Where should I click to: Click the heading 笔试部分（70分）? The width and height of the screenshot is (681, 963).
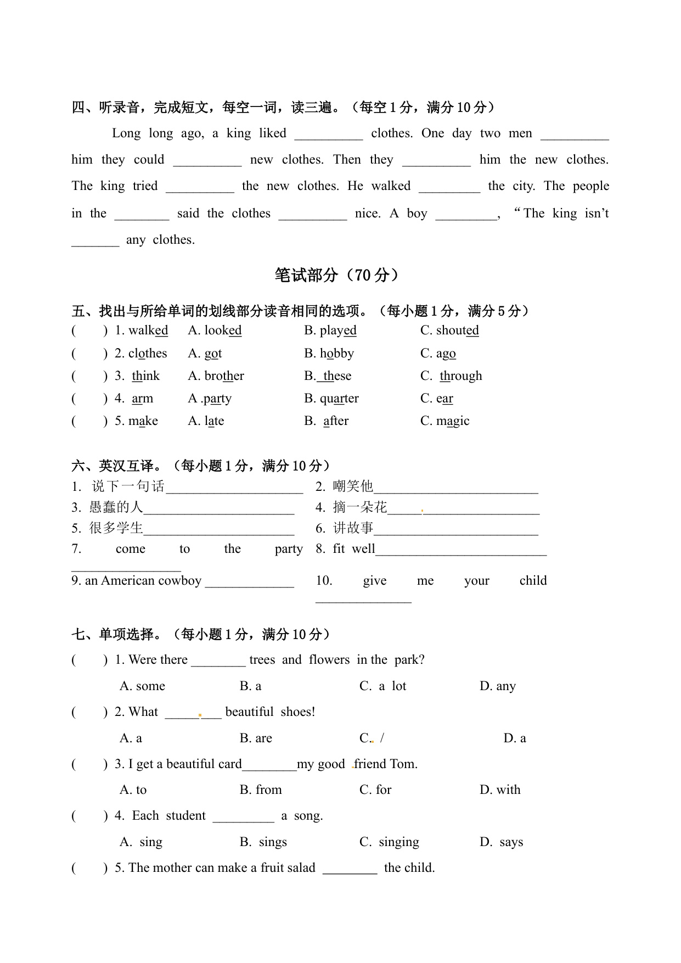[x=337, y=275]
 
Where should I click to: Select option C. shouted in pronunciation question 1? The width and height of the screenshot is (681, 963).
[x=449, y=331]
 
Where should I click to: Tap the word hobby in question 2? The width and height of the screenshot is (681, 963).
[x=336, y=354]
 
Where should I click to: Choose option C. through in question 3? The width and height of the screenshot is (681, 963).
[x=452, y=376]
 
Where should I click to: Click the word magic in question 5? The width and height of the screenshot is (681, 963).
[x=452, y=421]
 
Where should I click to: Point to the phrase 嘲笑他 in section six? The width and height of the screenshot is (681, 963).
[x=353, y=486]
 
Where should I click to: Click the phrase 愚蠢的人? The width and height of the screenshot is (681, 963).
[x=115, y=507]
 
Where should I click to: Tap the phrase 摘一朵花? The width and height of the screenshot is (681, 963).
[x=359, y=507]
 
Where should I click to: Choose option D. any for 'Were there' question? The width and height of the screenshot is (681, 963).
[x=498, y=686]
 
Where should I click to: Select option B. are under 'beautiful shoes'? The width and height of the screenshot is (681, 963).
[x=256, y=738]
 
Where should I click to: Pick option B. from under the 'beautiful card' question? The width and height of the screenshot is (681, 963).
[x=261, y=790]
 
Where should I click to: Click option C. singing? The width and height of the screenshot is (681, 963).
[x=389, y=842]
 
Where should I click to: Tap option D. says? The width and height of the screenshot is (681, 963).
[x=501, y=842]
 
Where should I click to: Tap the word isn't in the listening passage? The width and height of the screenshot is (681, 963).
[x=596, y=214]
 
